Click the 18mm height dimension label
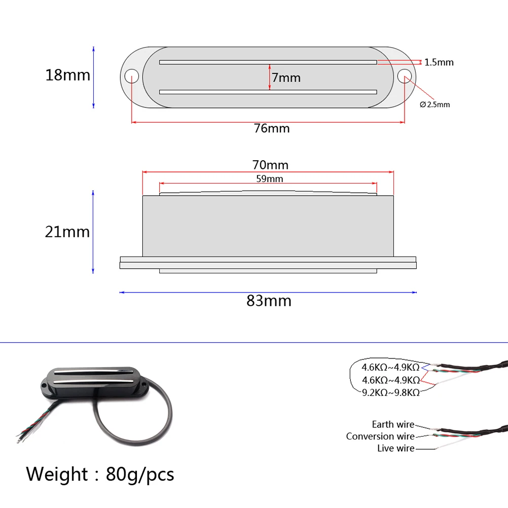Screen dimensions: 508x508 (x=67, y=75)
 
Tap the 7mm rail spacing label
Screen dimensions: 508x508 (x=286, y=78)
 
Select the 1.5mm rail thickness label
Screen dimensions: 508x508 (x=439, y=62)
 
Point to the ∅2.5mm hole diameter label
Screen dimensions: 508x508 (x=435, y=104)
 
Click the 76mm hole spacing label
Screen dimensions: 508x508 (x=272, y=128)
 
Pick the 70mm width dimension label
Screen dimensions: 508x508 (x=270, y=165)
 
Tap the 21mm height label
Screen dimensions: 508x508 (x=67, y=232)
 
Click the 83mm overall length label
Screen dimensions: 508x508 (x=269, y=301)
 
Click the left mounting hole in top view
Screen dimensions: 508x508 (x=132, y=77)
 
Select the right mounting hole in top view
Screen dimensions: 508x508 (x=405, y=77)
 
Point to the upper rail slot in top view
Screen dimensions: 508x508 (x=268, y=62)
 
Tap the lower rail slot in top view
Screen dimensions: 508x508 (x=268, y=92)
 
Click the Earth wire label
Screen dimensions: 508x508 (x=393, y=424)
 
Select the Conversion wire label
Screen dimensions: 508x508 (x=380, y=436)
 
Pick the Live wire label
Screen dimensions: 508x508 (x=395, y=448)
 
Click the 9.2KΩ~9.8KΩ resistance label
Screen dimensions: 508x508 (x=390, y=392)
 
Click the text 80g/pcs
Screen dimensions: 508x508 (x=140, y=475)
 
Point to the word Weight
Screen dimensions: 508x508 (x=57, y=475)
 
